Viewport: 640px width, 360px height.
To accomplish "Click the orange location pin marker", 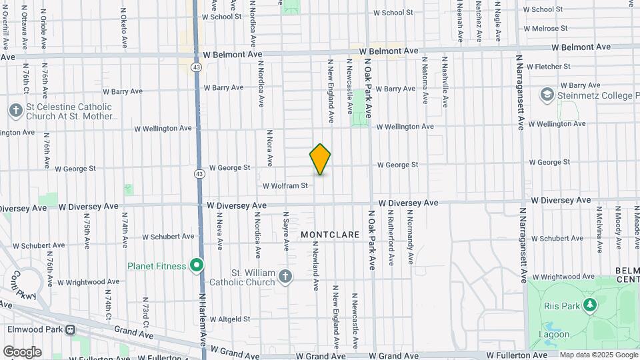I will [320, 159].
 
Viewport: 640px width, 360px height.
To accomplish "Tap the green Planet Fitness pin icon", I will [197, 267].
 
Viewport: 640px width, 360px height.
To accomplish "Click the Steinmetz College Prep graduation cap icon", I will [547, 95].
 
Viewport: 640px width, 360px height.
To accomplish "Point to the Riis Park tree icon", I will [589, 305].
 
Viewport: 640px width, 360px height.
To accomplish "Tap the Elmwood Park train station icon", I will [69, 329].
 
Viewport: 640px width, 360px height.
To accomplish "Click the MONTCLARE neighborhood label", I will [330, 235].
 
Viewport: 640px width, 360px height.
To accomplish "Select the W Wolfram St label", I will [285, 186].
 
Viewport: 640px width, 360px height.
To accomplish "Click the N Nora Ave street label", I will [269, 148].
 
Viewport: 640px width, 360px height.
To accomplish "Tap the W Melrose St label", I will [545, 29].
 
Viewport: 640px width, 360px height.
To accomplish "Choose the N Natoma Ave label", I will [424, 81].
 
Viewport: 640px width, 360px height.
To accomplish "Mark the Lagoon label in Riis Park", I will [555, 334].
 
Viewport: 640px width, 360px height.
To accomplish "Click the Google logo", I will [22, 352].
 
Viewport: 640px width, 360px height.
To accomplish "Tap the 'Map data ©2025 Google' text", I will [599, 355].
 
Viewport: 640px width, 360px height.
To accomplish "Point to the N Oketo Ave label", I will [124, 28].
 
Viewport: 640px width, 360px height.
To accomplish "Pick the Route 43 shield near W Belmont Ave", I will [197, 67].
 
